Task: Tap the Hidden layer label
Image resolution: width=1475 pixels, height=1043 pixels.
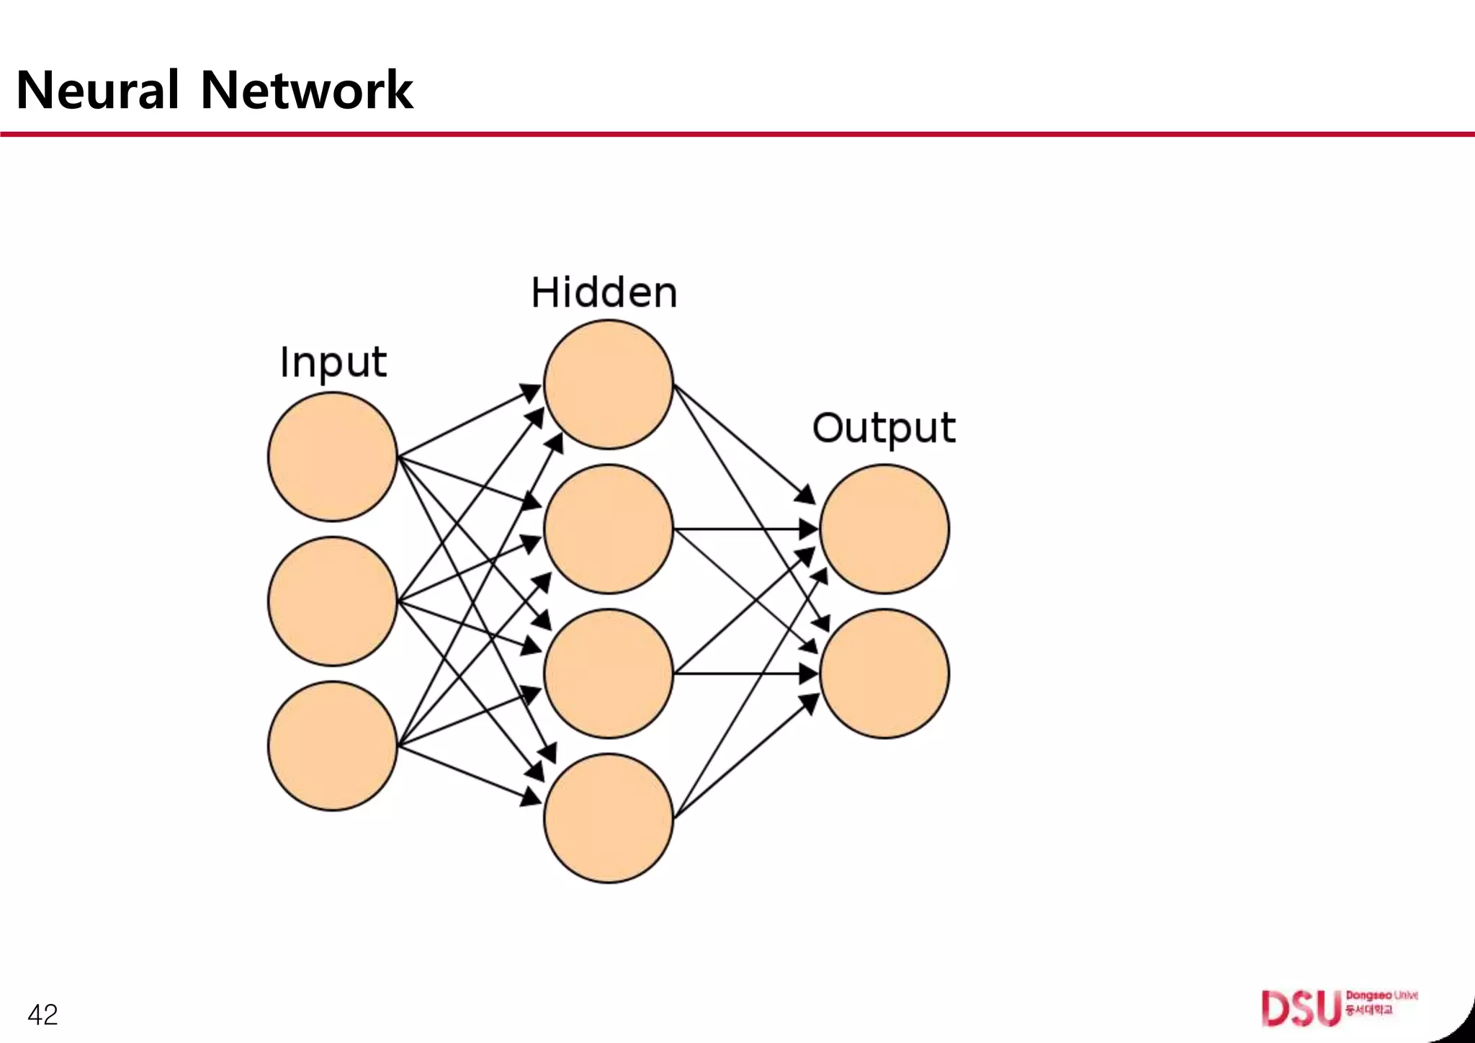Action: click(x=604, y=292)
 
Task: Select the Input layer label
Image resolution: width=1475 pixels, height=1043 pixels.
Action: click(x=333, y=362)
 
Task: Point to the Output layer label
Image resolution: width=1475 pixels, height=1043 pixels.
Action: click(x=884, y=428)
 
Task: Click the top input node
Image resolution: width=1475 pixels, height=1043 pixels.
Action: click(x=333, y=457)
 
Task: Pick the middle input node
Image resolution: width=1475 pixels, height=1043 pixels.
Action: click(x=333, y=601)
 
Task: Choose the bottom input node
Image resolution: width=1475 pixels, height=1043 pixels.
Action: click(x=333, y=746)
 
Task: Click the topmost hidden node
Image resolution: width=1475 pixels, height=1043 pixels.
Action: click(x=609, y=385)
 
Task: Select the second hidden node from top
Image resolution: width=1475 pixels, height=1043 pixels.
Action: click(x=609, y=529)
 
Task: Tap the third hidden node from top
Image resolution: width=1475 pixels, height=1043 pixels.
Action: click(x=609, y=673)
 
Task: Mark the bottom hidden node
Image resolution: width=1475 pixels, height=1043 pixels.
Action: click(x=609, y=818)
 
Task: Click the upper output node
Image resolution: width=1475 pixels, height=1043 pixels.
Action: click(x=884, y=529)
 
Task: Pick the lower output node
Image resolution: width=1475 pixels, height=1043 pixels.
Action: click(x=884, y=673)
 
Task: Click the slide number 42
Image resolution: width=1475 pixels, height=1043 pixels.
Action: click(x=42, y=1015)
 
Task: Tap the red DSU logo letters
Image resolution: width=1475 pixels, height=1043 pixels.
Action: click(x=1301, y=1008)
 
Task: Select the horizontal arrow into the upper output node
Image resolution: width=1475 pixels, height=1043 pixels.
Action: click(x=742, y=529)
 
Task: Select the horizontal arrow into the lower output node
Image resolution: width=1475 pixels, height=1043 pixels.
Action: click(x=742, y=673)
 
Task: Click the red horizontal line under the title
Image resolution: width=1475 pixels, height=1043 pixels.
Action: click(x=737, y=134)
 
